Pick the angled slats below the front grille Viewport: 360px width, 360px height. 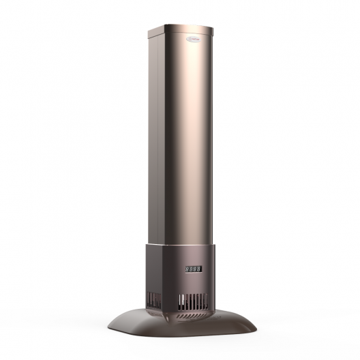pos(193,315)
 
